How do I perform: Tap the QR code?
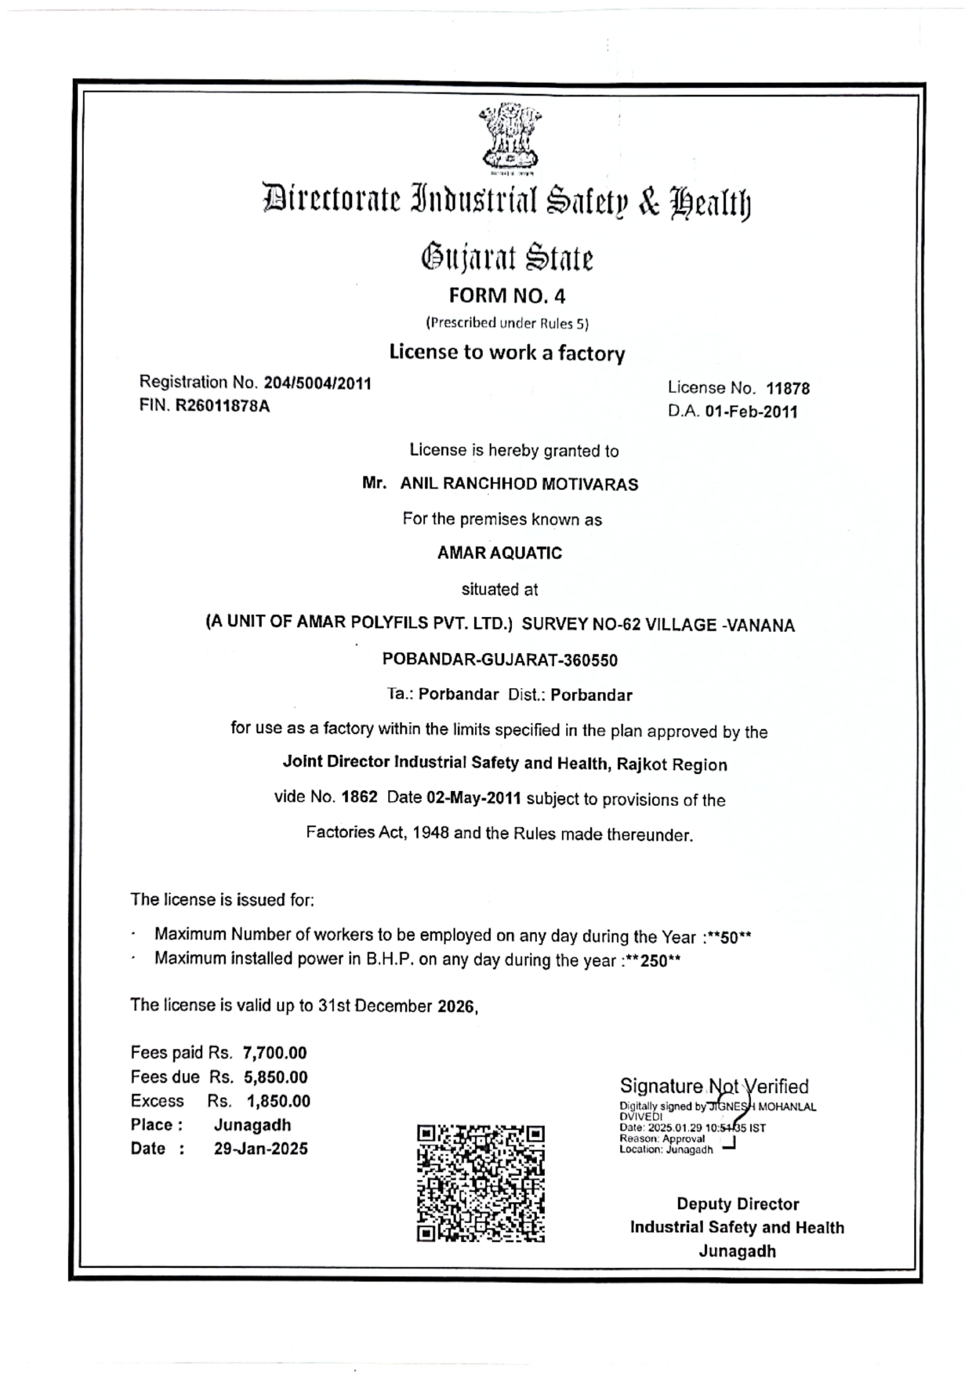tap(481, 1183)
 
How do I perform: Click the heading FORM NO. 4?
tap(506, 296)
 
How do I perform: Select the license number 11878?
tap(788, 388)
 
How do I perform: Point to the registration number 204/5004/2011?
tap(317, 383)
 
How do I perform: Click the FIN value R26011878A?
tap(223, 406)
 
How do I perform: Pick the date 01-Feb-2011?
tap(751, 412)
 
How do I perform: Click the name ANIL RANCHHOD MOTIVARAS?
tap(519, 484)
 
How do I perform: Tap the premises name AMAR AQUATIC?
tap(499, 553)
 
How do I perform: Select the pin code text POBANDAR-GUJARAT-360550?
tap(499, 659)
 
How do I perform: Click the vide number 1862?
tap(360, 798)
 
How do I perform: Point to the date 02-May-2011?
tap(473, 799)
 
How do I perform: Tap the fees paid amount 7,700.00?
tap(274, 1053)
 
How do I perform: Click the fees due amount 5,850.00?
tap(275, 1077)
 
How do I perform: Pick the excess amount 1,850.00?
tap(278, 1101)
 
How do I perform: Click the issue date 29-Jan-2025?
tap(260, 1149)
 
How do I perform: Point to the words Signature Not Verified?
tap(713, 1086)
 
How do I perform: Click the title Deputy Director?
tap(738, 1204)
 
